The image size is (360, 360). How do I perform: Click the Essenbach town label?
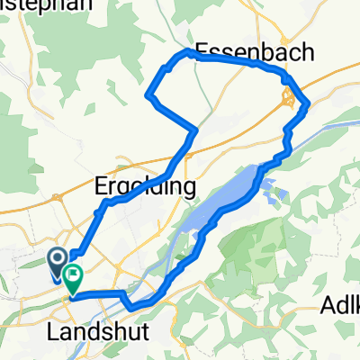255,53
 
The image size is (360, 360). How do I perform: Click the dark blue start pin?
57,262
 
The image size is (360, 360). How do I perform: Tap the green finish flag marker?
71,274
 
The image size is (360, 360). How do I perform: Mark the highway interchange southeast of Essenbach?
290,102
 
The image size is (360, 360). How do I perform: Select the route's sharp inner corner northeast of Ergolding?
195,131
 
